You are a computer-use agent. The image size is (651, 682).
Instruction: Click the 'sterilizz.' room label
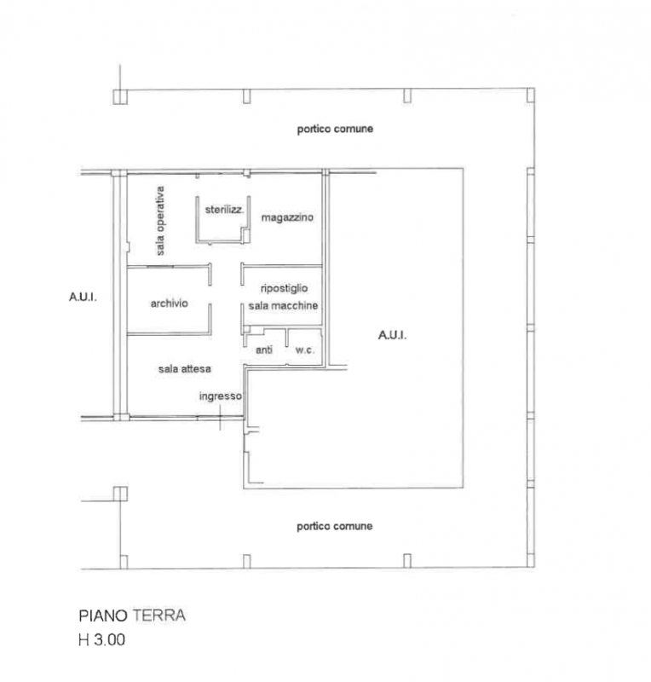(x=224, y=210)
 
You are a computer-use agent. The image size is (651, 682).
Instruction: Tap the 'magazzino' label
(x=287, y=217)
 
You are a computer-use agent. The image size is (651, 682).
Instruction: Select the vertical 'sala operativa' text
(x=160, y=221)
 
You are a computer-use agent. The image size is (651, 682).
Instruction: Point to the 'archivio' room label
(x=170, y=303)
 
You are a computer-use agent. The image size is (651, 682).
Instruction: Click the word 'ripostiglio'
(x=284, y=288)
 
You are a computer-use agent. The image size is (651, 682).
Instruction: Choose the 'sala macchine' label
(x=283, y=306)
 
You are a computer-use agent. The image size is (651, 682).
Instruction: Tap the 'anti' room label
(x=264, y=350)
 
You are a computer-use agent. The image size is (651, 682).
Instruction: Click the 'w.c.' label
(x=305, y=350)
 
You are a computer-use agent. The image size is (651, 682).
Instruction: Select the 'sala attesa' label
(x=184, y=369)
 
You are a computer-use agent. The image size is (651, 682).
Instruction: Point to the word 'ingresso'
(x=221, y=396)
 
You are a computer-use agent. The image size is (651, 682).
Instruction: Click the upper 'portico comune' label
(x=335, y=130)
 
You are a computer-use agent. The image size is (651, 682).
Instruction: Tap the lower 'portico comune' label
(x=334, y=526)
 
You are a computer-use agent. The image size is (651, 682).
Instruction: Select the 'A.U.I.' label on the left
(x=83, y=297)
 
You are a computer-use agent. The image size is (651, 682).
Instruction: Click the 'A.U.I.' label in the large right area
(x=392, y=335)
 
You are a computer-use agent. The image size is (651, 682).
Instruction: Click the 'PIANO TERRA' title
(x=132, y=616)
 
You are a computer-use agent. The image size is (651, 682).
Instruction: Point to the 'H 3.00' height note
(x=101, y=640)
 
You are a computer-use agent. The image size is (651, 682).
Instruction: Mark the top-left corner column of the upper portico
(x=120, y=97)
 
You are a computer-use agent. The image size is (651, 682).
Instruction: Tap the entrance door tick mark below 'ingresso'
(x=220, y=418)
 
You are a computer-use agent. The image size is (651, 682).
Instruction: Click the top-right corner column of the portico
(x=531, y=95)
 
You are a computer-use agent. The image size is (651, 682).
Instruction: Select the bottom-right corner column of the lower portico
(x=531, y=560)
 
